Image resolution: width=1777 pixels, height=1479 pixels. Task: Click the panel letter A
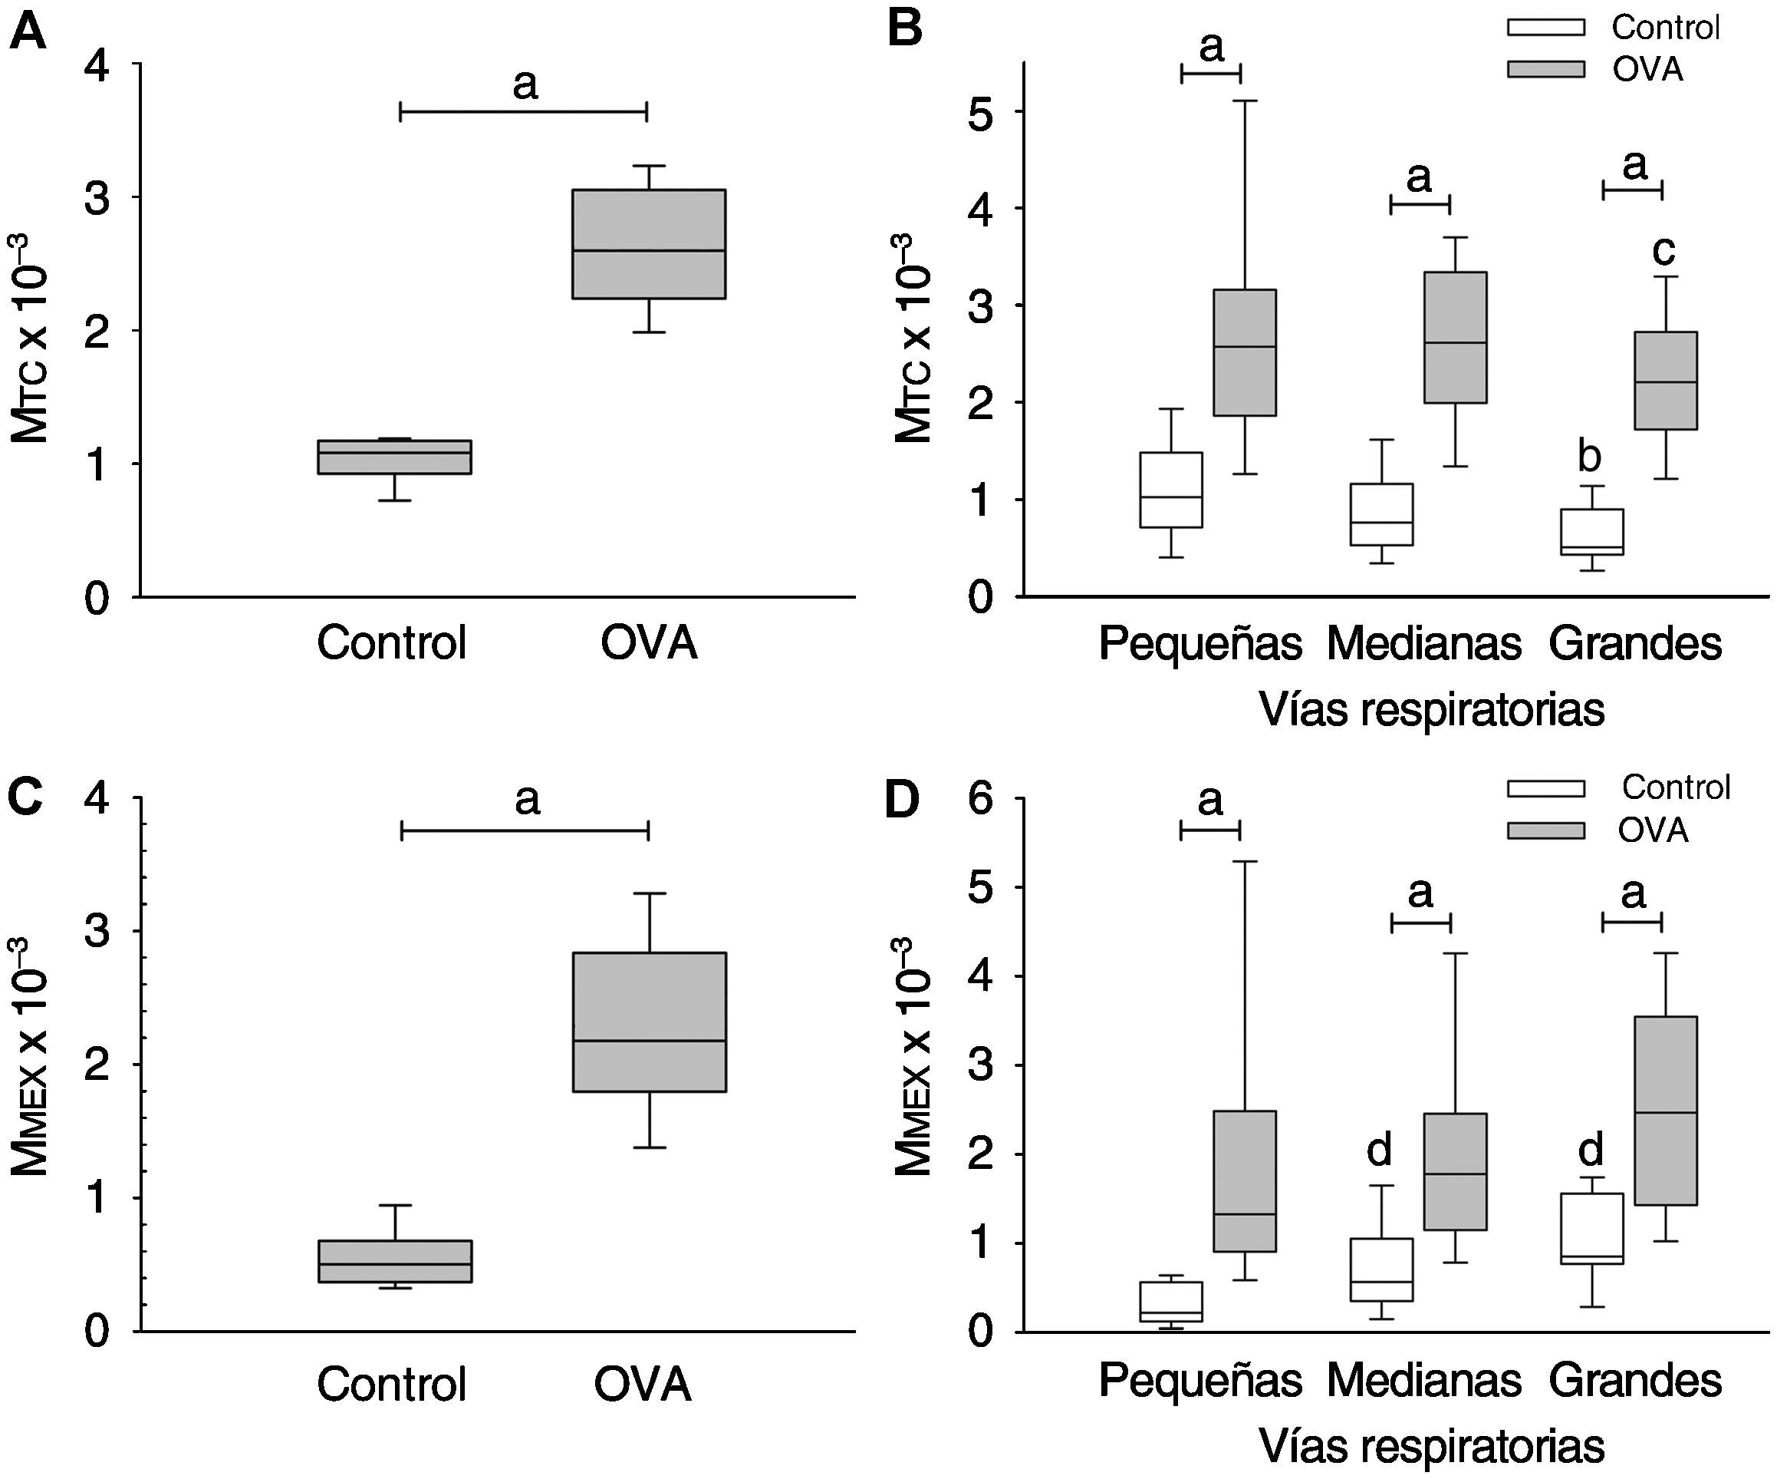pos(27,34)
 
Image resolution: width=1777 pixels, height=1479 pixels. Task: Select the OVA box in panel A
pos(649,244)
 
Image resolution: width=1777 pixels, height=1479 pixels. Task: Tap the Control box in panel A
pos(394,457)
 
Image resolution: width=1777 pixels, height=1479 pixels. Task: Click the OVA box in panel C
pos(649,1022)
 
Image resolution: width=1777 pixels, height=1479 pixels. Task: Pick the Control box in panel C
pos(394,1262)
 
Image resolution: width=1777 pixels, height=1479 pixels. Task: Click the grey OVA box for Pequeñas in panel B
pos(1245,352)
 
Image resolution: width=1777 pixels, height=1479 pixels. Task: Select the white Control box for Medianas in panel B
pos(1382,514)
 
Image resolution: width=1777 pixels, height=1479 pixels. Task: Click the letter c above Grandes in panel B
pos(1663,249)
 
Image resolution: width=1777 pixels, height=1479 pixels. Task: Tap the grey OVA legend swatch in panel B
pos(1545,69)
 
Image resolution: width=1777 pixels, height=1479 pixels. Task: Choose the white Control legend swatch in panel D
pos(1545,789)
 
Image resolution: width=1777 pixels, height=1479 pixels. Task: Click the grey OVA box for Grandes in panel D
pos(1665,1110)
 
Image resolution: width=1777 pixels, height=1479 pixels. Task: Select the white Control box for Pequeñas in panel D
pos(1171,1301)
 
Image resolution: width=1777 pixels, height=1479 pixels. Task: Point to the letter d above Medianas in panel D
pos(1379,1150)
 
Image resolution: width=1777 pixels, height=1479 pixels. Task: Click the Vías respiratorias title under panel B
pos(1431,709)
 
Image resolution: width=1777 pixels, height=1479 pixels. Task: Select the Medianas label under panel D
pos(1423,1381)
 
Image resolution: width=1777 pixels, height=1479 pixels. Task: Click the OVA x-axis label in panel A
pos(649,643)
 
